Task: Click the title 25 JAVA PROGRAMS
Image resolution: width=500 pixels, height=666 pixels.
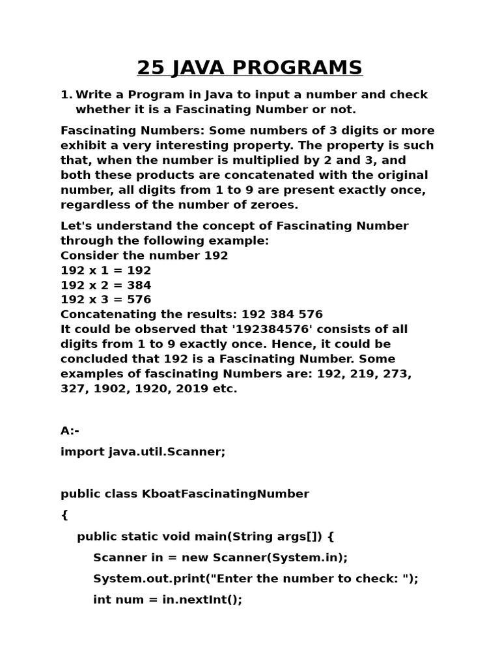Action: [249, 68]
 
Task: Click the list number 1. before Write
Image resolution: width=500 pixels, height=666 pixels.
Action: [66, 95]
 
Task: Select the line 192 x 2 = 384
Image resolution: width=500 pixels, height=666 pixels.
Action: [105, 286]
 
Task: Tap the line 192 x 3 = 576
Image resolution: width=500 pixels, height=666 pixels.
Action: [105, 300]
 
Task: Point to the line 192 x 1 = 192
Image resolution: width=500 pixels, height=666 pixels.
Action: [105, 271]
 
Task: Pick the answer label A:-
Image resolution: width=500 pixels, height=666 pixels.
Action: [70, 431]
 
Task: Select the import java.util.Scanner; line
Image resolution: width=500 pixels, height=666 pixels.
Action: [143, 451]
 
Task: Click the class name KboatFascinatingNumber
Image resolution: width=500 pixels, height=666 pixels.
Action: [225, 494]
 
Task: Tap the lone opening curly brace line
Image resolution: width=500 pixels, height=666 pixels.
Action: [64, 515]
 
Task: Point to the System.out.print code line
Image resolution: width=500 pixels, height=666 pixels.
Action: [255, 579]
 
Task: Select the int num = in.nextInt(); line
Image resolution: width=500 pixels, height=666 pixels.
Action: [167, 600]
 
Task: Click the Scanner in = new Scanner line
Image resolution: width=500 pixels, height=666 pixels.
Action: [220, 557]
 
